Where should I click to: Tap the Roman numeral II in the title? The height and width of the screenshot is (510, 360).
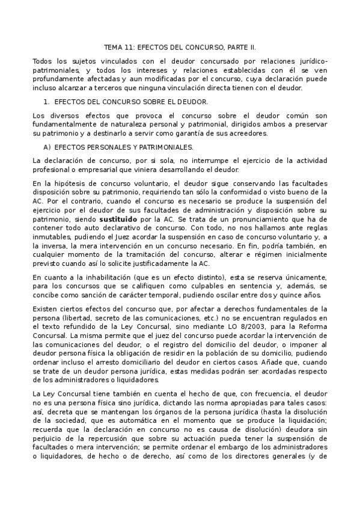click(252, 46)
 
